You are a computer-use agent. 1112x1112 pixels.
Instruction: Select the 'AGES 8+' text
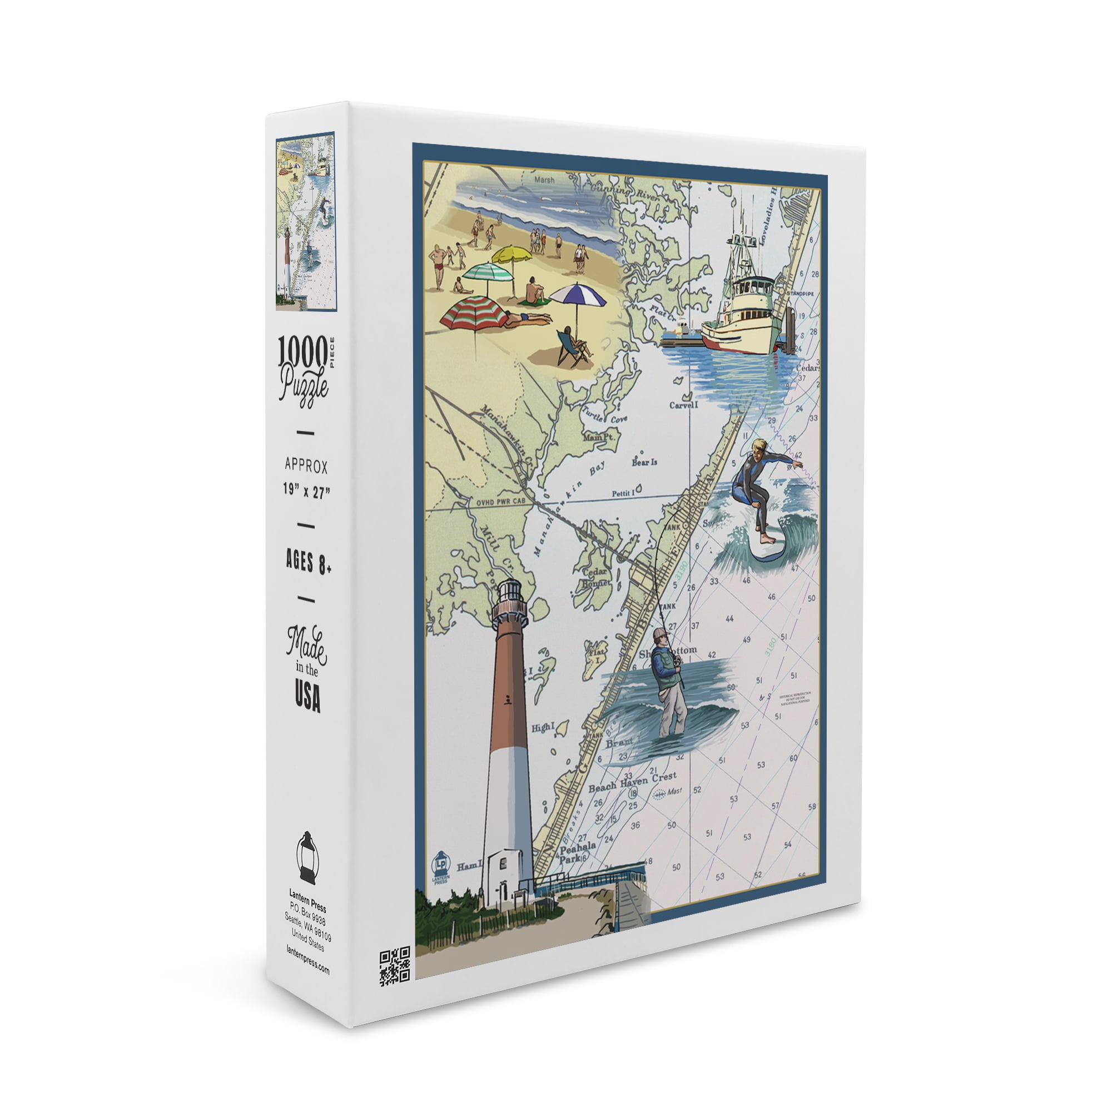[309, 562]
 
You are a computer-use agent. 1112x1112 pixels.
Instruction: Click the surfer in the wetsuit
[758, 490]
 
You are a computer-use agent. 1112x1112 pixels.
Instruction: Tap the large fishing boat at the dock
[742, 314]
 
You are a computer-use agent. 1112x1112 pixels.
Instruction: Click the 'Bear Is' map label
[644, 461]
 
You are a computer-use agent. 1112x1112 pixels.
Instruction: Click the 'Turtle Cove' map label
[604, 415]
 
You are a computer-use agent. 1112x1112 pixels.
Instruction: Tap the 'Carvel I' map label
[683, 405]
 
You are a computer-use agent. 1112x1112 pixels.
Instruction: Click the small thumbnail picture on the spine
[306, 222]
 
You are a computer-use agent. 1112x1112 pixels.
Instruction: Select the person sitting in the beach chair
[572, 344]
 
